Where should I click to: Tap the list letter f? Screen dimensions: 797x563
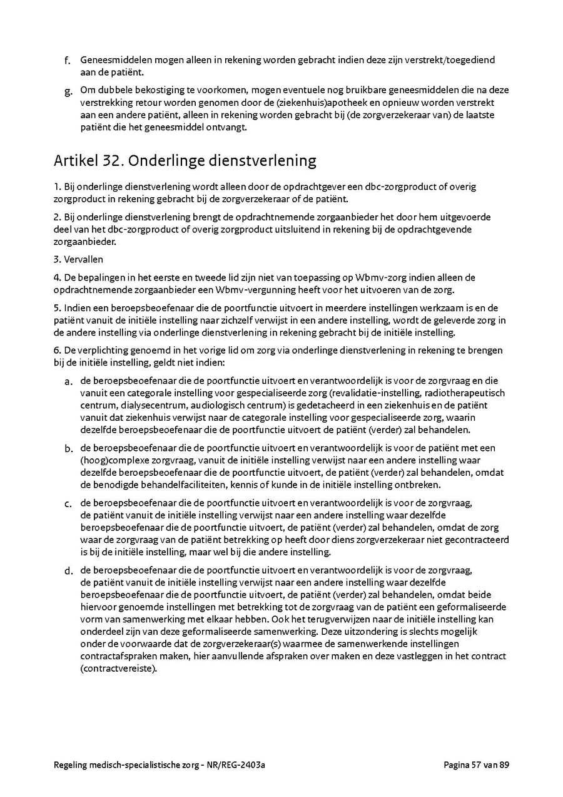click(x=67, y=61)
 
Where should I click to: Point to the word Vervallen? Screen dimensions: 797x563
click(x=83, y=259)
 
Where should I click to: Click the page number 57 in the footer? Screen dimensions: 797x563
click(x=477, y=764)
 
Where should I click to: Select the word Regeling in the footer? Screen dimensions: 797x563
click(x=72, y=764)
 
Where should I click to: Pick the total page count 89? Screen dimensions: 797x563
click(x=504, y=764)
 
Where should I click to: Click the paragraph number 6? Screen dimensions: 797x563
click(x=56, y=351)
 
